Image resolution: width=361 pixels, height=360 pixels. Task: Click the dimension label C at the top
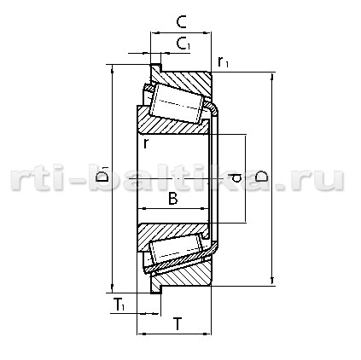[x=181, y=22]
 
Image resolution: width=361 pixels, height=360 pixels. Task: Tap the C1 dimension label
[x=183, y=44]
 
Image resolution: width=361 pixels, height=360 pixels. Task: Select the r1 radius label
[x=223, y=61]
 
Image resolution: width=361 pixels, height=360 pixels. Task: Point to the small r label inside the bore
[x=146, y=143]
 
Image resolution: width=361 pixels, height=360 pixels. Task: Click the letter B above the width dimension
[x=173, y=198]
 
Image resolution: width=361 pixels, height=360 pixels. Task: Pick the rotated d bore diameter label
[x=236, y=178]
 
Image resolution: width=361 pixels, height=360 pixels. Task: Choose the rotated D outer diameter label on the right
[x=261, y=177]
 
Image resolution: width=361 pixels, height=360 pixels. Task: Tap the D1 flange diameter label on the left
[x=102, y=175]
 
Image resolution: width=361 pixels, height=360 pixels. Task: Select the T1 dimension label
[x=119, y=305]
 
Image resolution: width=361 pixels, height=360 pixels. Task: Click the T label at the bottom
[x=178, y=324]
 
